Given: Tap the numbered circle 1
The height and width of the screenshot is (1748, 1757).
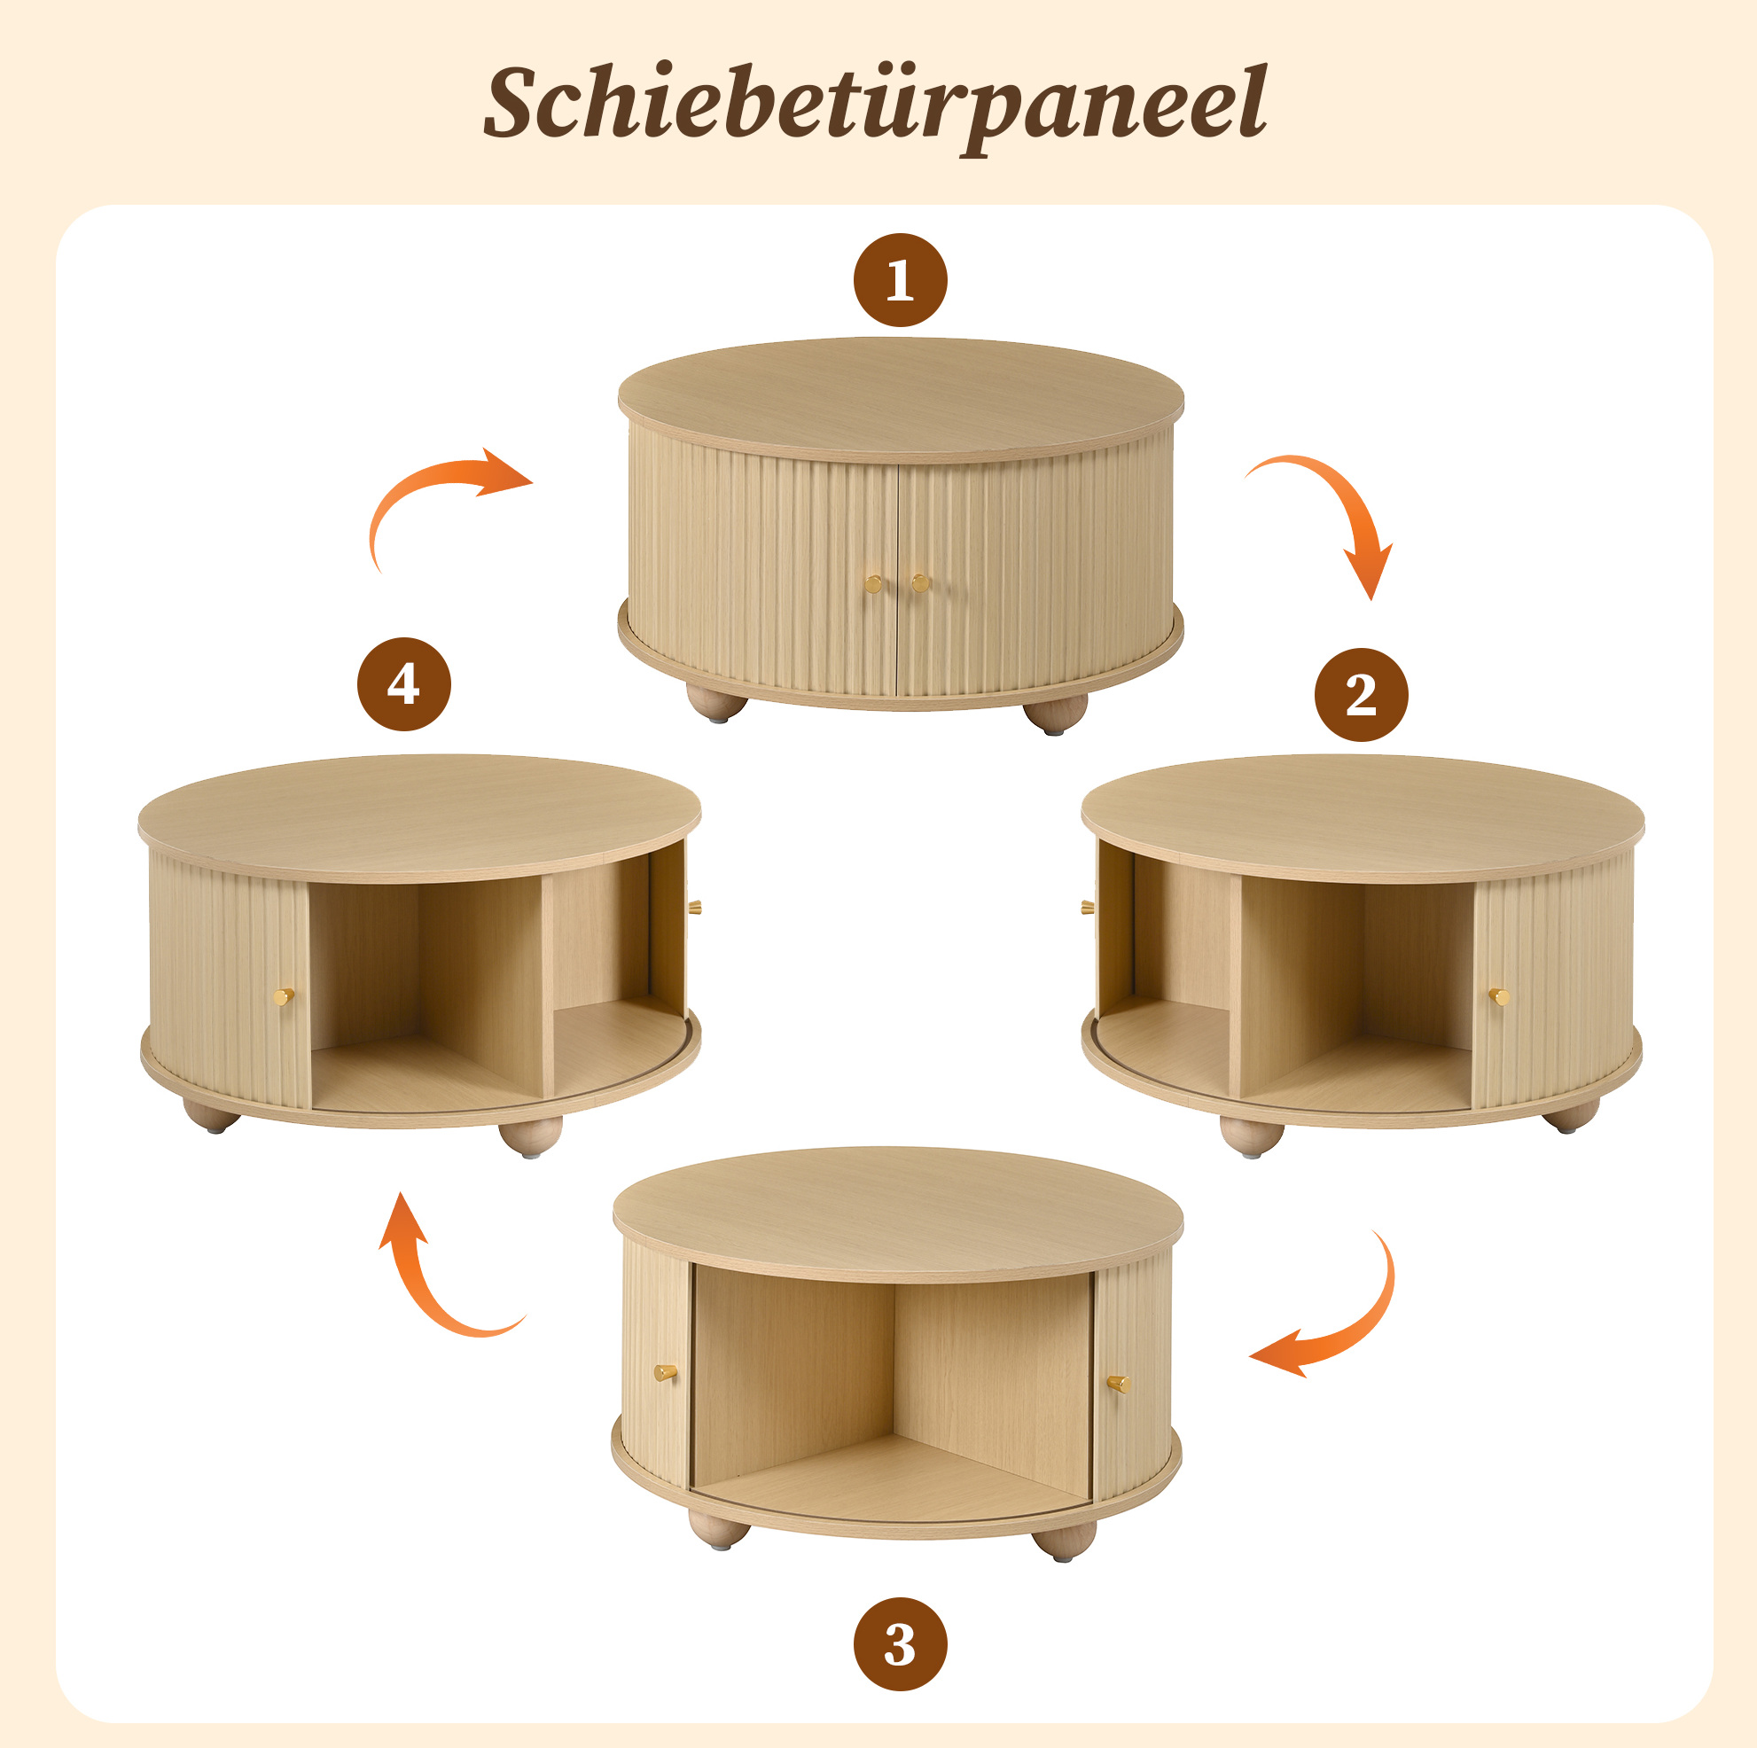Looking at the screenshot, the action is pos(901,280).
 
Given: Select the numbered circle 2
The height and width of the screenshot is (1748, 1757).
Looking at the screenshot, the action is pos(1362,695).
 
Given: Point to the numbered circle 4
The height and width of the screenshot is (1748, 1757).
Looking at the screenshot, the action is pos(403,684).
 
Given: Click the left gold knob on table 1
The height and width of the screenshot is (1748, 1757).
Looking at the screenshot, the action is pos(873,583).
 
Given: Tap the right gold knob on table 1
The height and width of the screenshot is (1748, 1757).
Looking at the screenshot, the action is pos(920,582).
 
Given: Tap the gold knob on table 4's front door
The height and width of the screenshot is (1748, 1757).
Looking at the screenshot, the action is pos(284,997).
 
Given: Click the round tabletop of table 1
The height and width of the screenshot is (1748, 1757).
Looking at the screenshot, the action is pos(902,398).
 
